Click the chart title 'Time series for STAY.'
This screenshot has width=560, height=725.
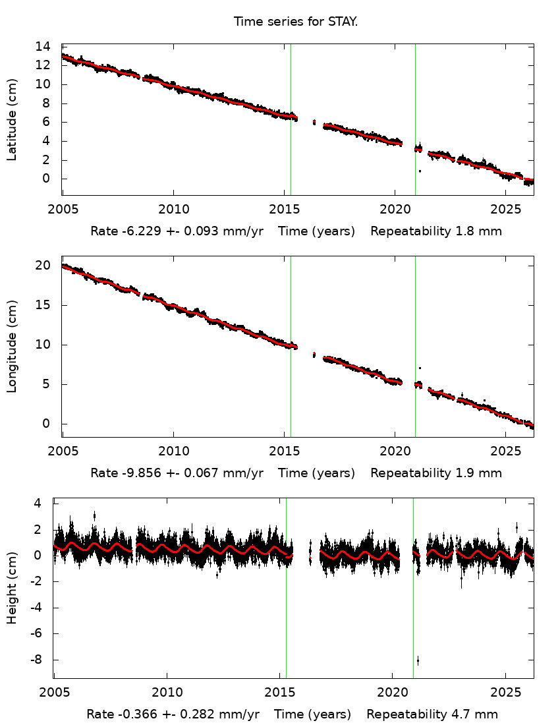coord(296,22)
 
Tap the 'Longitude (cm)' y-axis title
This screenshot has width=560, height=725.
coord(12,347)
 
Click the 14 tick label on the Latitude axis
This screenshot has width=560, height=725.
coord(43,47)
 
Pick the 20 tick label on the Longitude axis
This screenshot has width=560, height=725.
coord(43,266)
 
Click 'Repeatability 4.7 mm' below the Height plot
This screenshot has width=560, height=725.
coord(432,714)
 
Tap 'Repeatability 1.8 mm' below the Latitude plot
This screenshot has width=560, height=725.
coord(436,231)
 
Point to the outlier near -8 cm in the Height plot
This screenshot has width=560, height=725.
coord(418,660)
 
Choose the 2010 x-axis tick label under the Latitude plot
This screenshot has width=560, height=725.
coord(173,210)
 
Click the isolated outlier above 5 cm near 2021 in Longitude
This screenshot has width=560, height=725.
coord(420,368)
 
